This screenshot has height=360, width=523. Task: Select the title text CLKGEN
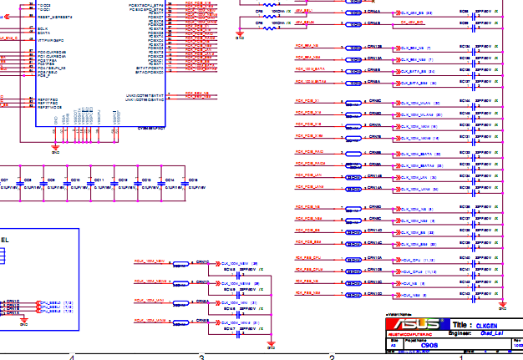tap(486, 324)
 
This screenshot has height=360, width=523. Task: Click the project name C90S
tap(429, 345)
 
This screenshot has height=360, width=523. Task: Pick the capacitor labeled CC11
tap(99, 180)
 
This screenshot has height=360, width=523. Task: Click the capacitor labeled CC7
tap(4, 180)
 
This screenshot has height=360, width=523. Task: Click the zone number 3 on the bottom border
tap(201, 357)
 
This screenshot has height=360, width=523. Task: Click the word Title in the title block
tap(461, 324)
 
